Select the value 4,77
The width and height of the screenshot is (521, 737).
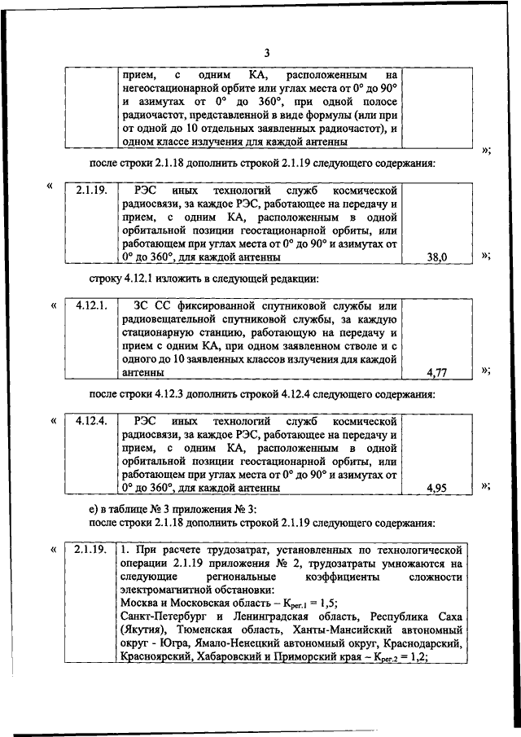click(438, 372)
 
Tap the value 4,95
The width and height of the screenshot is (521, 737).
click(438, 489)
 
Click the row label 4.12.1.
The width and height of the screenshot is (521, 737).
click(92, 305)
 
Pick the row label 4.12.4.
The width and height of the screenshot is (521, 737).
click(92, 422)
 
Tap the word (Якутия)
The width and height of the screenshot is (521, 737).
click(143, 631)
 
